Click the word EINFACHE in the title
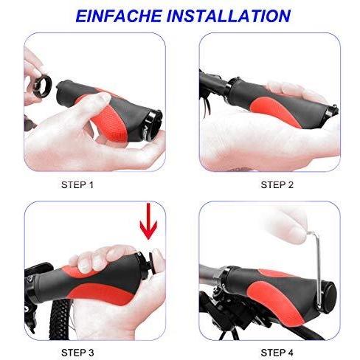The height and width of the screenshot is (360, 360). click(x=119, y=16)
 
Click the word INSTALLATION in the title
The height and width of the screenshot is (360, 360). click(x=229, y=16)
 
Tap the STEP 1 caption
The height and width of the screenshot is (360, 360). click(x=77, y=185)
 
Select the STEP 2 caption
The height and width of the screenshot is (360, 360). click(x=277, y=185)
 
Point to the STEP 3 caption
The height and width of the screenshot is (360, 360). click(x=77, y=353)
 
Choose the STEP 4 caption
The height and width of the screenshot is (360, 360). click(x=277, y=353)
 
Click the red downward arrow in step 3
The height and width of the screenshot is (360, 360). click(x=148, y=221)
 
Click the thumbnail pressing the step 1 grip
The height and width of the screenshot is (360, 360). click(x=105, y=97)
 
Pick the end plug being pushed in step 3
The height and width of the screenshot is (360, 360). click(x=153, y=263)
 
